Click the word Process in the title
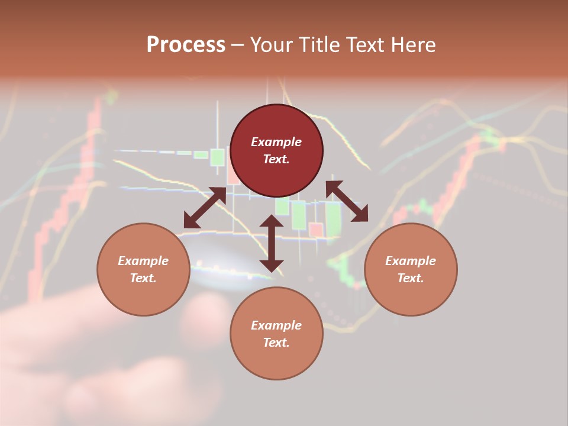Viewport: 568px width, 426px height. click(x=186, y=45)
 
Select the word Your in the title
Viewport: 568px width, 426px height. click(x=270, y=45)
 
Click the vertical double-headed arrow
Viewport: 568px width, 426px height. click(x=272, y=243)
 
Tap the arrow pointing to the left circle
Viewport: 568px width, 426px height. click(x=205, y=208)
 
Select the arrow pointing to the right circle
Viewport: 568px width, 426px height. click(x=347, y=201)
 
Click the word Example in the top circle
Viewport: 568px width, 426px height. click(x=276, y=142)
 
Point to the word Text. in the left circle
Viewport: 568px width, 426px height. click(x=143, y=278)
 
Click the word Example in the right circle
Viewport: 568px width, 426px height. click(x=411, y=261)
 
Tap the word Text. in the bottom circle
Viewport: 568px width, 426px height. click(x=276, y=343)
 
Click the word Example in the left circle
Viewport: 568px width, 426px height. click(x=143, y=261)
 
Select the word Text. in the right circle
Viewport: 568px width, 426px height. click(x=411, y=278)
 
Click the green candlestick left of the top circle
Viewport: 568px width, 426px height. click(x=217, y=157)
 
